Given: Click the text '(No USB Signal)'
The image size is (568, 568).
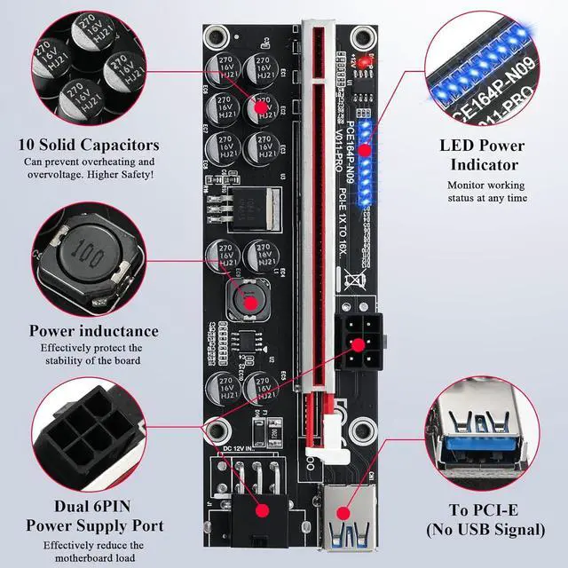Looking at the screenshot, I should coord(486,530).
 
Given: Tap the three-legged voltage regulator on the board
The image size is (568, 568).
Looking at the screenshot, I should coord(227,210).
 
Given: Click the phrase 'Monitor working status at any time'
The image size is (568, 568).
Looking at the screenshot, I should coord(487,191).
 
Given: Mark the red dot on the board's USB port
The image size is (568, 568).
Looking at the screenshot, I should coord(343,513).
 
